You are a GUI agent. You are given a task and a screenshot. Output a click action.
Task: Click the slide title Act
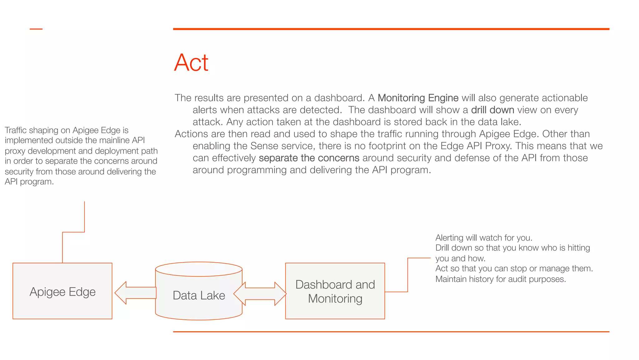[191, 63]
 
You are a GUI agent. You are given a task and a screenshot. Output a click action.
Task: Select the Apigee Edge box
[62, 291]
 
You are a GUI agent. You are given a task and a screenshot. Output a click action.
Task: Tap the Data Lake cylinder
[199, 295]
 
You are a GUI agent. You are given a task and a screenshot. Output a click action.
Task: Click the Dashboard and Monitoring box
[335, 291]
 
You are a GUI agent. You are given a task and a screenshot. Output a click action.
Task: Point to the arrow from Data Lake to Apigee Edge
[135, 293]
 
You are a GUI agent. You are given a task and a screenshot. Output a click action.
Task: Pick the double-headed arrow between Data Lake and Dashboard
[260, 294]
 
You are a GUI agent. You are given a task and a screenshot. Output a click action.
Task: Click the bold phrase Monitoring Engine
[418, 98]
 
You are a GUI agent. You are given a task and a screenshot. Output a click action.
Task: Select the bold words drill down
[492, 110]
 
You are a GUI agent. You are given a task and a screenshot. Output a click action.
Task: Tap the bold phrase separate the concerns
[309, 158]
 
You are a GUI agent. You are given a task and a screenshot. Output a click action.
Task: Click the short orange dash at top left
[36, 29]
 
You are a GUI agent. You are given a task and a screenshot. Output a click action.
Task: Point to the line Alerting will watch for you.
[484, 238]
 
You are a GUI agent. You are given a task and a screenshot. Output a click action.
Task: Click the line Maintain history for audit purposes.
[500, 279]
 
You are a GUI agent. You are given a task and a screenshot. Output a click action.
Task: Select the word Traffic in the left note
[16, 130]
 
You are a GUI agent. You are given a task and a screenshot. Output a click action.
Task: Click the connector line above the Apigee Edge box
[73, 232]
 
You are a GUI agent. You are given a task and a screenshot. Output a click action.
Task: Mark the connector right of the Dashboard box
[407, 275]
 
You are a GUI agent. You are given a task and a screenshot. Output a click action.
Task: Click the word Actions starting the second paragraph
[191, 134]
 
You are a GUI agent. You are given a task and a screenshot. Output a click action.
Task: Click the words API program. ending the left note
[29, 182]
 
